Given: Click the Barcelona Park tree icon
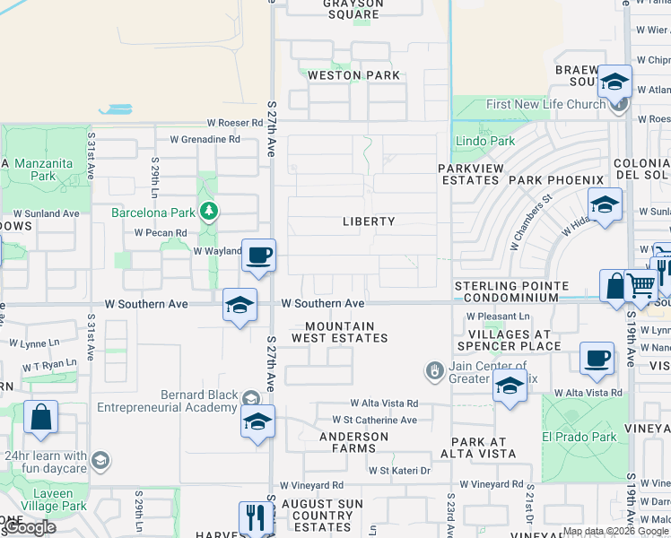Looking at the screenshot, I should pos(209,212).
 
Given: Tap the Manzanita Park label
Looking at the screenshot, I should pos(30,170).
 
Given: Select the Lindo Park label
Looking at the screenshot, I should pos(485,141).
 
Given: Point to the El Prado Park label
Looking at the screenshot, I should pos(580,437).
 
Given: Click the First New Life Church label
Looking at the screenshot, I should pos(545,105).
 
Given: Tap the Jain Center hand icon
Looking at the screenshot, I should pos(434,369).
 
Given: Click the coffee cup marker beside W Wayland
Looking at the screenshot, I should pos(258,256).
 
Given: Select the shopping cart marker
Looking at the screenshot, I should pos(640,286).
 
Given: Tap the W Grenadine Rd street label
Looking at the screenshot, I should pos(198,139).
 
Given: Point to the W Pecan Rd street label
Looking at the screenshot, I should pos(161,232).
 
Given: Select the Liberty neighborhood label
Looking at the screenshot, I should pos(369,221).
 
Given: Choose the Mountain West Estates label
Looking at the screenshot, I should pos(340,333).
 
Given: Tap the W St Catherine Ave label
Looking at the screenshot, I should pos(374,420).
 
